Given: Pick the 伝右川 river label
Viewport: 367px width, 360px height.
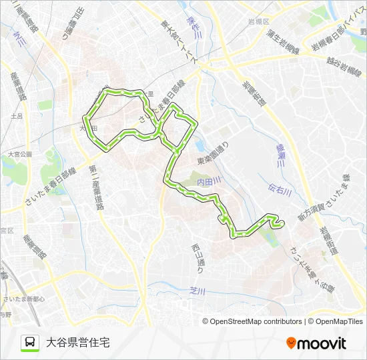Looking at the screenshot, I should click(281, 192).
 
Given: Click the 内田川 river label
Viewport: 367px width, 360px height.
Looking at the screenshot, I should click(208, 181).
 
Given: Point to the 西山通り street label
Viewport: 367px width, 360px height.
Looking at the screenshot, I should click(198, 259).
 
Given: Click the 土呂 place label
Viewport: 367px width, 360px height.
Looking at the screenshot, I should click(17, 116).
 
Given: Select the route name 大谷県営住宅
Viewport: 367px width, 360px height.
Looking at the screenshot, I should click(77, 342).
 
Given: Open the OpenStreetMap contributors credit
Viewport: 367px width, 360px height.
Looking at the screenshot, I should click(252, 321).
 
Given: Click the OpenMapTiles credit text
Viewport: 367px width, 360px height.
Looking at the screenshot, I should click(335, 321).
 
